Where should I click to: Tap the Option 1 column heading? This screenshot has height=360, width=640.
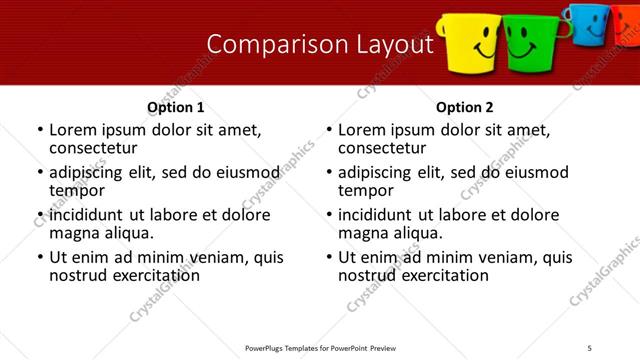click(x=176, y=107)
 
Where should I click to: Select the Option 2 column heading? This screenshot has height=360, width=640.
click(x=465, y=107)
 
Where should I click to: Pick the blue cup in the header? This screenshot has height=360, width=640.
click(x=583, y=24)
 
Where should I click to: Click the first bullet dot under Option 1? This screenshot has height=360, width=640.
click(x=40, y=131)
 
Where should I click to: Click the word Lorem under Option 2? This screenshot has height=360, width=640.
click(x=362, y=130)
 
